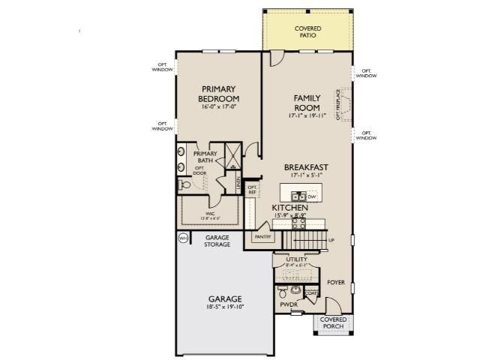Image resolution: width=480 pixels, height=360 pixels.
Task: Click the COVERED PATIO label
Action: [x=307, y=31]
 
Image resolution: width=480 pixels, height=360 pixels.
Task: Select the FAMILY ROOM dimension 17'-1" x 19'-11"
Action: [x=307, y=116]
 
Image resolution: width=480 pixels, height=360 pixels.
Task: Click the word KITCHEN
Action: [x=289, y=207]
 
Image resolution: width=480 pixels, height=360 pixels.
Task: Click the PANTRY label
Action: [x=262, y=236]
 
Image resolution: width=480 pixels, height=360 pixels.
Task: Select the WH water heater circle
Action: [x=182, y=238]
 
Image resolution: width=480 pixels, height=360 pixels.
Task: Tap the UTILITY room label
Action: [x=297, y=259]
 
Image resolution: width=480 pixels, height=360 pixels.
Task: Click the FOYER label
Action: [x=335, y=283]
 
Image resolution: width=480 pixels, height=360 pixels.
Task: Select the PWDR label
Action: [x=289, y=305]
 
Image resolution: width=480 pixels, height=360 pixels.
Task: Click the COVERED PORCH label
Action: [x=333, y=322]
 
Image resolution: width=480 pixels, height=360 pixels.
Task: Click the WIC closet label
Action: [x=211, y=214]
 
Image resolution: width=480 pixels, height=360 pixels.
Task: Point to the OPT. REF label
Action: [x=253, y=190]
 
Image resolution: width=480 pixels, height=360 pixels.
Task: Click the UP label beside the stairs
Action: [x=331, y=240]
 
